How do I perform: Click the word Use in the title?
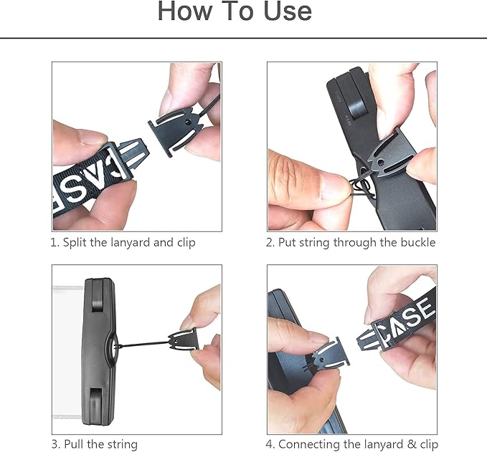(x=288, y=11)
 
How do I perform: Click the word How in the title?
(x=185, y=11)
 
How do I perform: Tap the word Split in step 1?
(x=75, y=242)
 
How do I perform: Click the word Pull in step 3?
(x=74, y=444)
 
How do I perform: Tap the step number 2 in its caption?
(x=269, y=243)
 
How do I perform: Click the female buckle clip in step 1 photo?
(x=176, y=131)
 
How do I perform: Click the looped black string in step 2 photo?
(x=361, y=188)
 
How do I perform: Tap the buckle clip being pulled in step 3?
(x=183, y=341)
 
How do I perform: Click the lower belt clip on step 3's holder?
(x=97, y=403)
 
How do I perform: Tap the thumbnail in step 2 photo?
(x=336, y=186)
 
